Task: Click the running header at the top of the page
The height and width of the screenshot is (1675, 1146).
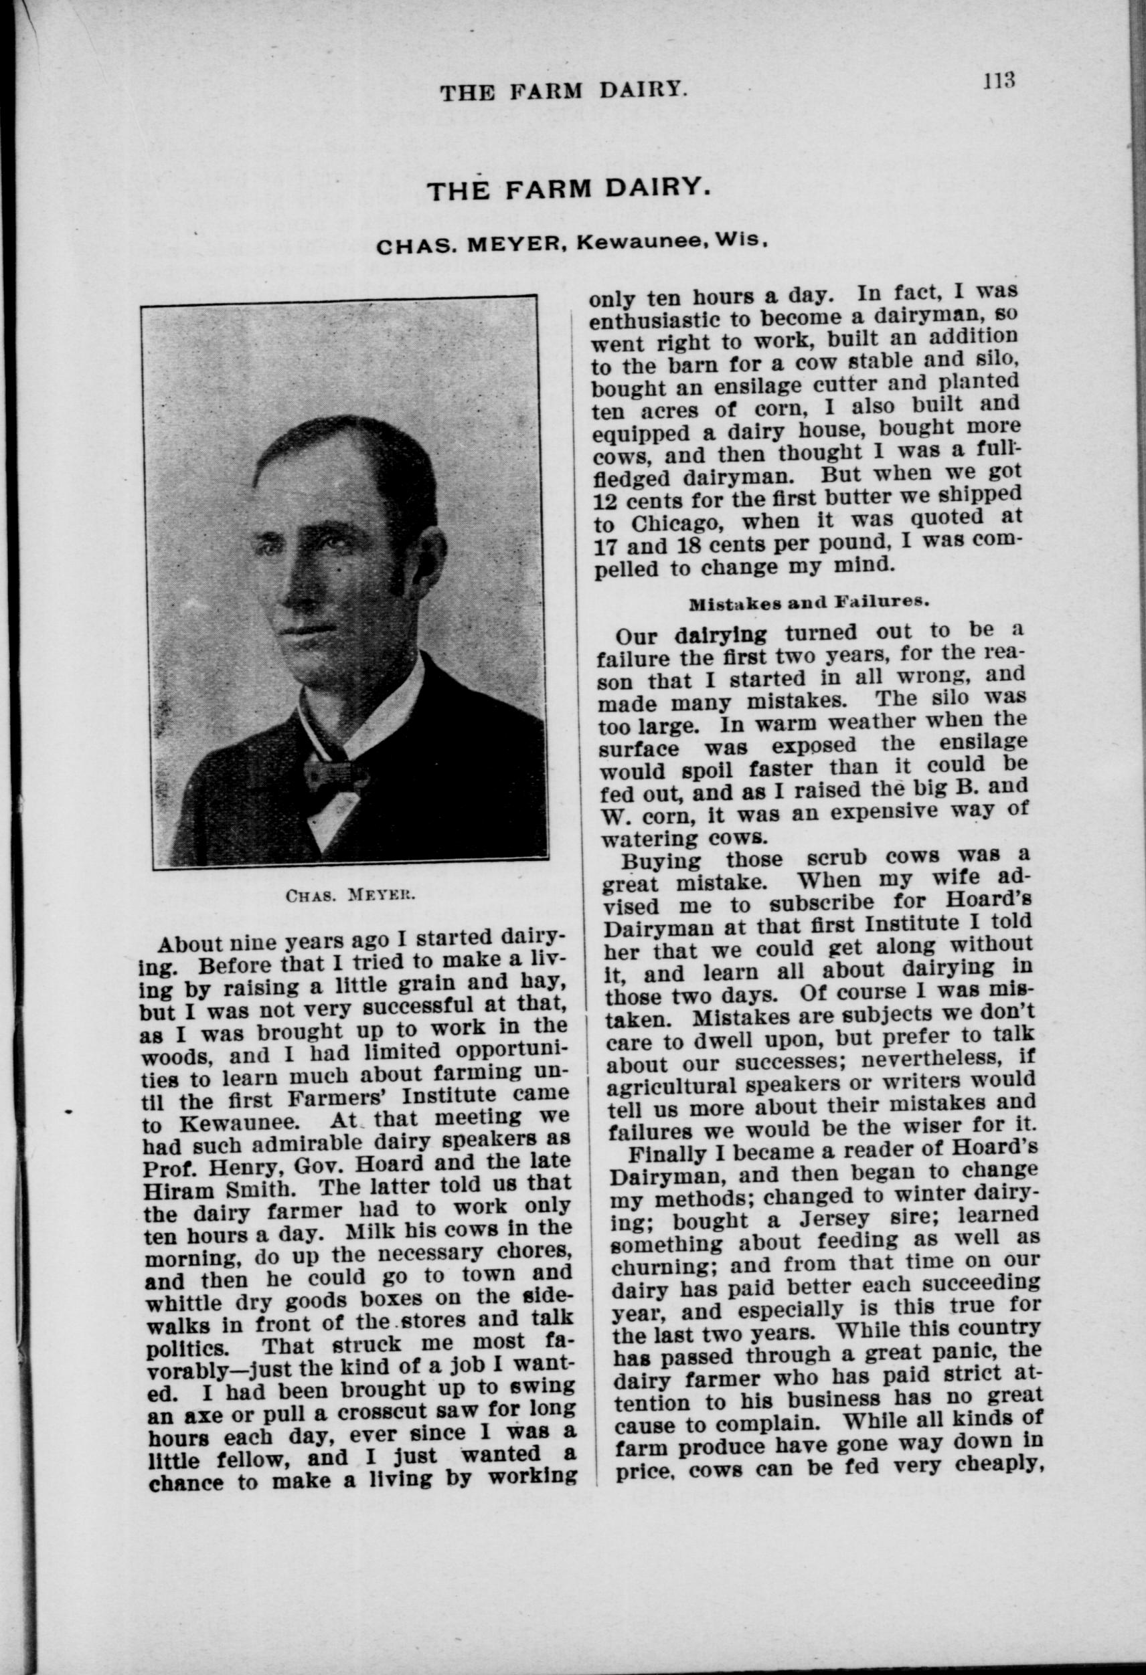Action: (x=562, y=91)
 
